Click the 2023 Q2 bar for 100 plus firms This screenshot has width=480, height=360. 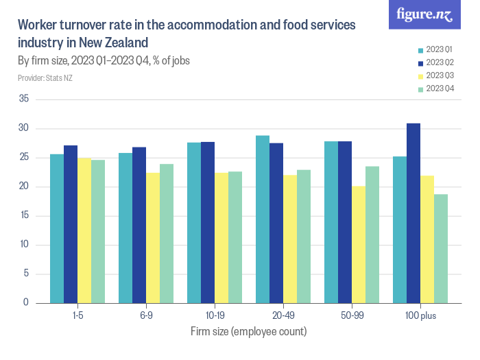pyautogui.click(x=413, y=213)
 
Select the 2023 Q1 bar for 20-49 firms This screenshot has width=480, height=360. pyautogui.click(x=263, y=219)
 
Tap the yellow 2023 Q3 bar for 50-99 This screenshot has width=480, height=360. pyautogui.click(x=359, y=244)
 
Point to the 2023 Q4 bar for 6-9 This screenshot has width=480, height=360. pyautogui.click(x=167, y=233)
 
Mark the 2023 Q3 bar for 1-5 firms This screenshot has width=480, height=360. pyautogui.click(x=84, y=230)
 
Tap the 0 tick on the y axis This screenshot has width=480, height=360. pyautogui.click(x=25, y=303)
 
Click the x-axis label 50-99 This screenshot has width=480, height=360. pyautogui.click(x=352, y=316)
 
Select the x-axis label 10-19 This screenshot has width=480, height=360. pyautogui.click(x=215, y=316)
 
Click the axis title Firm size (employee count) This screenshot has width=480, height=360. pyautogui.click(x=248, y=331)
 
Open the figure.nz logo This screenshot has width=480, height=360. pyautogui.click(x=424, y=15)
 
